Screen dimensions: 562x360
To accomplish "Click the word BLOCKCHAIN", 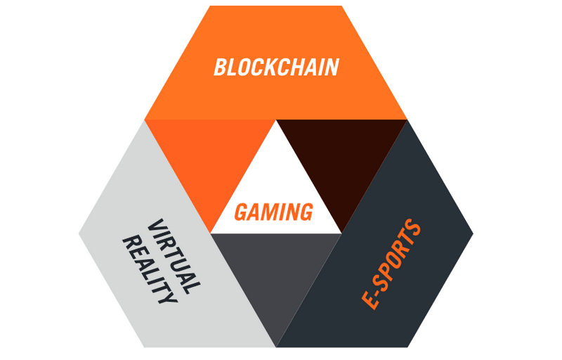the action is click(x=276, y=67).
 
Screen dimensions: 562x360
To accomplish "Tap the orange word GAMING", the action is click(x=273, y=212).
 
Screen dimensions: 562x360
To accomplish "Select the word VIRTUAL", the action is click(x=174, y=257).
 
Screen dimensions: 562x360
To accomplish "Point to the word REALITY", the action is click(x=150, y=269).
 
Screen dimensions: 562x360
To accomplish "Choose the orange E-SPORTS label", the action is click(x=391, y=264).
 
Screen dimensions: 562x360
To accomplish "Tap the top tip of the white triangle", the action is click(x=276, y=120).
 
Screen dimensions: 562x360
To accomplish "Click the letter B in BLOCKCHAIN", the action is click(x=221, y=67).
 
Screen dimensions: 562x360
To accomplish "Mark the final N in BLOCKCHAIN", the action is click(x=332, y=67).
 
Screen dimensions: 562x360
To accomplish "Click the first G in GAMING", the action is click(x=241, y=212).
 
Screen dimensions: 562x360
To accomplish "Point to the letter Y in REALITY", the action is click(x=167, y=297).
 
